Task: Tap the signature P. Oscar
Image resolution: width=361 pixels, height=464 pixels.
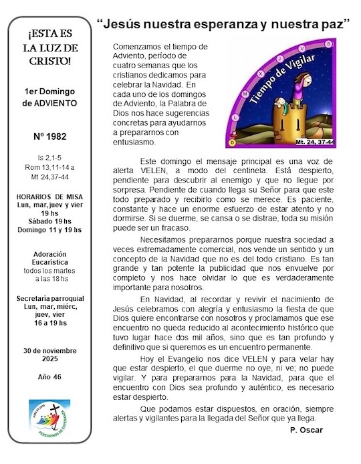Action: [x=306, y=429]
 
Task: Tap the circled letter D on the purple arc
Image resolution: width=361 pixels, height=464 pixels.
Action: [x=232, y=142]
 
